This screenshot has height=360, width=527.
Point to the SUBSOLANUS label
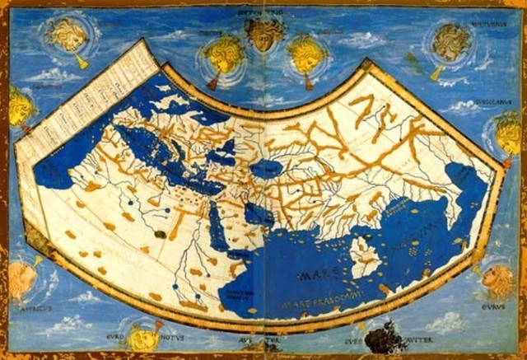tap(492, 104)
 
